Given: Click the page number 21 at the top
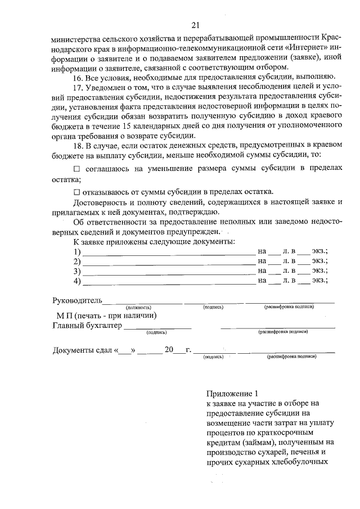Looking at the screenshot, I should [195, 25].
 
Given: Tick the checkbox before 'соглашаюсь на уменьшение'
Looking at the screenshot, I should [77, 169].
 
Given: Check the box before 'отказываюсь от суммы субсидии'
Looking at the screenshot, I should [77, 191].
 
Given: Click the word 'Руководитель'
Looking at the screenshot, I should [77, 300].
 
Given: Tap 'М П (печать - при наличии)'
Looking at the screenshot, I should [105, 316].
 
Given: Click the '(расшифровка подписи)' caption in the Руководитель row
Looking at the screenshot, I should [289, 307].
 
